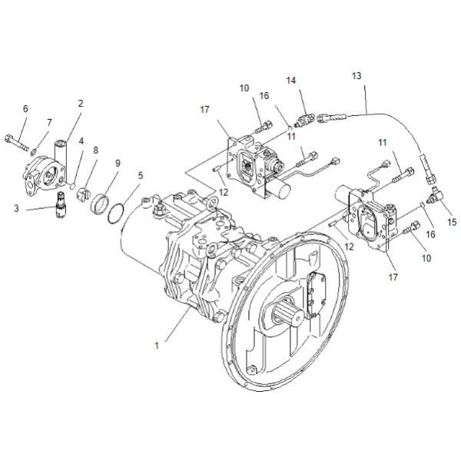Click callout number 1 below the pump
(x=156, y=345)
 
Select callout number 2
(x=81, y=103)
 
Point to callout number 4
(x=81, y=141)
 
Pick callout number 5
(x=140, y=175)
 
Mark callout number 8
(x=96, y=150)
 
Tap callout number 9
(x=118, y=163)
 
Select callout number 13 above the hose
(x=356, y=76)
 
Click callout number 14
(x=291, y=81)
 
